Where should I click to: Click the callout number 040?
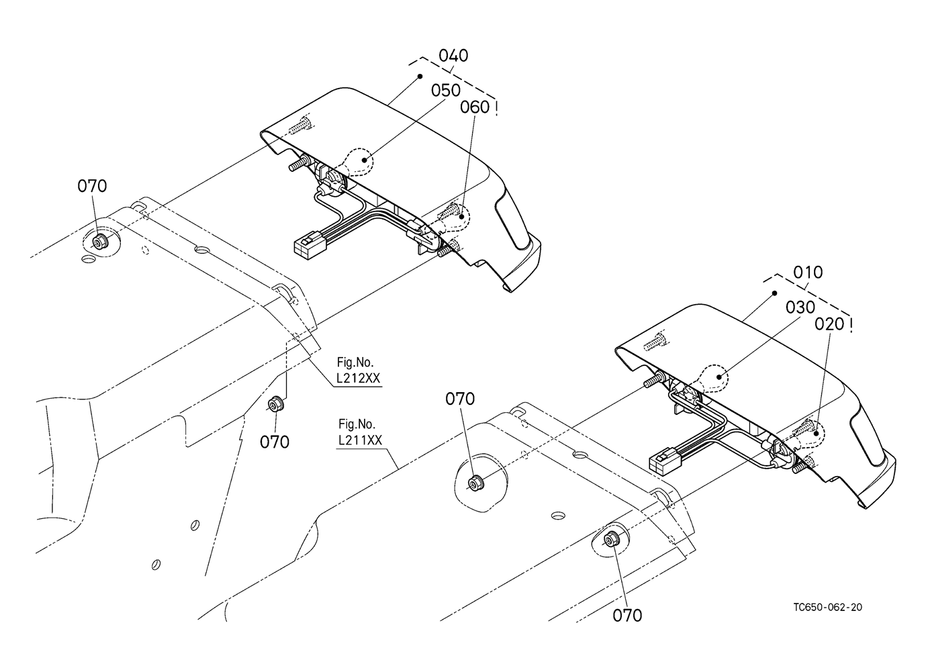(x=453, y=55)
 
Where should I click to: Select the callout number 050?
(x=446, y=91)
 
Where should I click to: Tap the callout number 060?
(x=475, y=107)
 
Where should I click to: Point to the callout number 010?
(x=808, y=273)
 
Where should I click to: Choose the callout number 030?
(x=800, y=307)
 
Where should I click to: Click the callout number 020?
(x=829, y=324)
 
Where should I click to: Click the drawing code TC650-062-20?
(x=827, y=607)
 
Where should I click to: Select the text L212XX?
(x=358, y=379)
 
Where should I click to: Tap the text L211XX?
(x=360, y=440)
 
